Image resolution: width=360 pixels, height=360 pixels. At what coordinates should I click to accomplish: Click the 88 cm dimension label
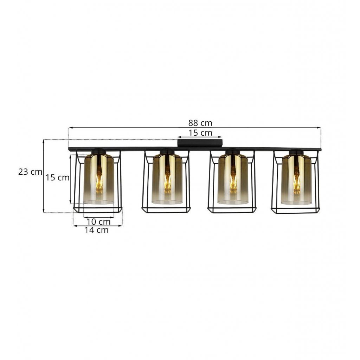(200, 123)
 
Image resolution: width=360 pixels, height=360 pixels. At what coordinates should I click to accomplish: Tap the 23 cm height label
(30, 172)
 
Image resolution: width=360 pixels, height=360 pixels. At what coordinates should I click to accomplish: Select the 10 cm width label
(98, 222)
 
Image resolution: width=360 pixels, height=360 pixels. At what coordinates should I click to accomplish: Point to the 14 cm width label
(96, 230)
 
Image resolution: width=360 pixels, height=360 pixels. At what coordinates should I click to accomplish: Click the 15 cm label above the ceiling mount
(200, 133)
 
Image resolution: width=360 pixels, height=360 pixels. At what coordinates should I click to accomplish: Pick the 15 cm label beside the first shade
(57, 178)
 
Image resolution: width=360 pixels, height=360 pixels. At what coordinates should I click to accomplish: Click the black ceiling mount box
(200, 143)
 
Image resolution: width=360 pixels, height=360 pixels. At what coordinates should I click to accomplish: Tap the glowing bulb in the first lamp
(99, 180)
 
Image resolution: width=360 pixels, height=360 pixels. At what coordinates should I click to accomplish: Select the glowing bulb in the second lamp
(167, 180)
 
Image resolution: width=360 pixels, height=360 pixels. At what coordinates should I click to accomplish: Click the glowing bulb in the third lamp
(233, 180)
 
